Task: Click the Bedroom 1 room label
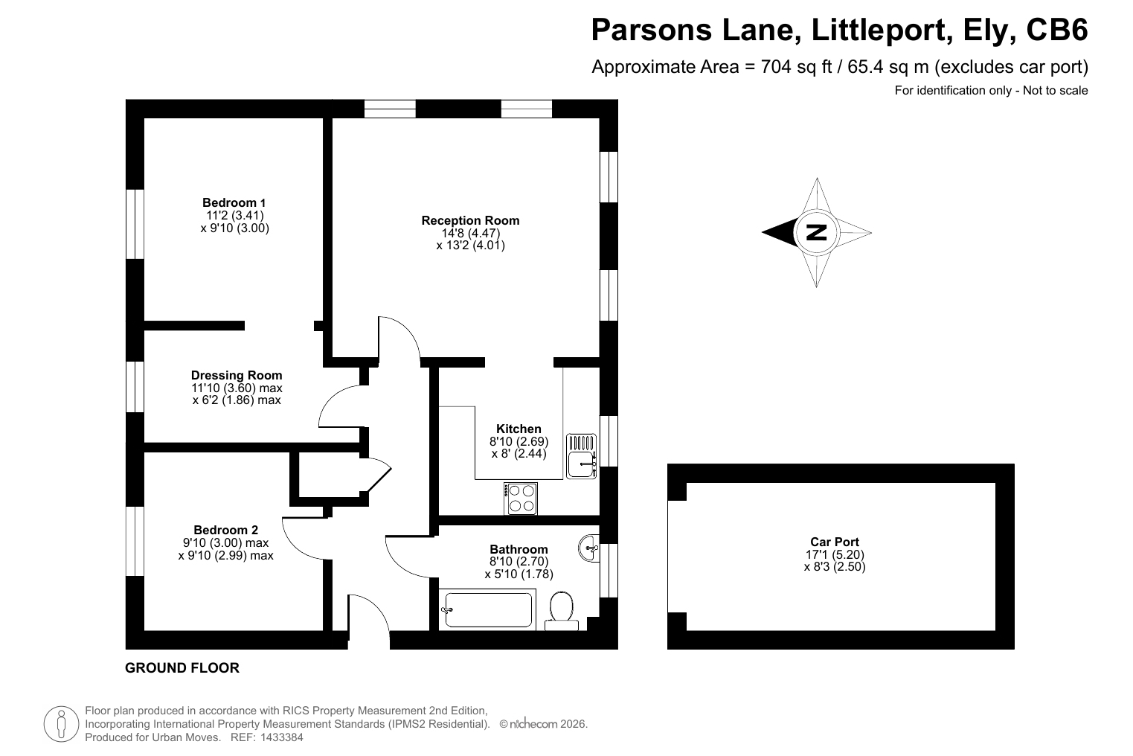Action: (234, 202)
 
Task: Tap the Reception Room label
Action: (470, 220)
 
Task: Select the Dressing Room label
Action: (237, 375)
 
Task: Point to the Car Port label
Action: (835, 542)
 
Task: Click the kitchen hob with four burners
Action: (521, 499)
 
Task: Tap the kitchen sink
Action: (581, 456)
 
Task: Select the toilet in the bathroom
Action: (562, 612)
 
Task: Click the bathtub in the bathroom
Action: (487, 609)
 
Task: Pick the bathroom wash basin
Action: (588, 548)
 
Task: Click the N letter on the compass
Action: (816, 232)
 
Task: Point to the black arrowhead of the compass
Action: (780, 233)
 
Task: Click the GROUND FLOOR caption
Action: (182, 668)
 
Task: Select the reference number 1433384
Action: (282, 737)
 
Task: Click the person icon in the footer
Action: (61, 724)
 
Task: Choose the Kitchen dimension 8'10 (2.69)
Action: (519, 441)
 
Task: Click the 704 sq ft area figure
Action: (796, 67)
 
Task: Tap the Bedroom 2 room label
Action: (225, 530)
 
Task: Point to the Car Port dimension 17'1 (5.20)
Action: (835, 554)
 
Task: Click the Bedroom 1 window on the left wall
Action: (135, 224)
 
